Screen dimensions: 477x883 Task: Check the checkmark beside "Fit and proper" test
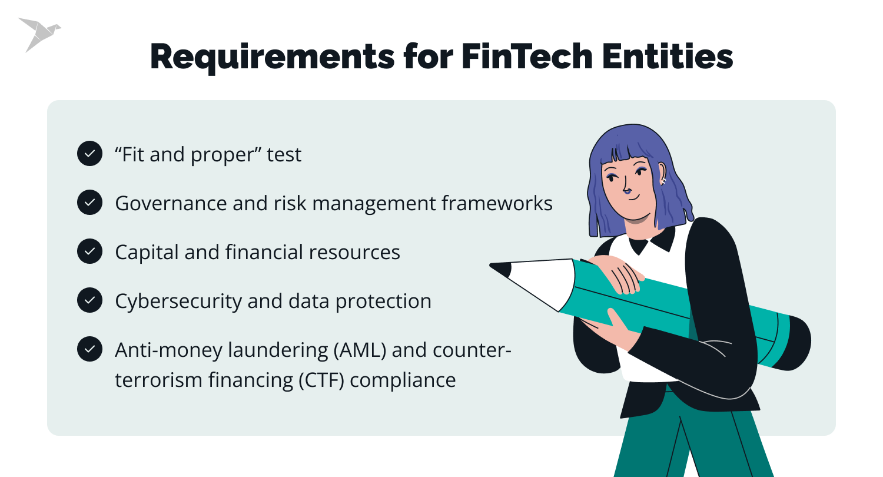[89, 154]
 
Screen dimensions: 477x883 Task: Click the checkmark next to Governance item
[89, 203]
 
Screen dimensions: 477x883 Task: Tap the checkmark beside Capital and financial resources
[89, 251]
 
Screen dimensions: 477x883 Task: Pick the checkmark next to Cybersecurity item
[89, 300]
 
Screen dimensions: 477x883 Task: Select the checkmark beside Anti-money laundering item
[89, 349]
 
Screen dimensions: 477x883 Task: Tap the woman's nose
[628, 190]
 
